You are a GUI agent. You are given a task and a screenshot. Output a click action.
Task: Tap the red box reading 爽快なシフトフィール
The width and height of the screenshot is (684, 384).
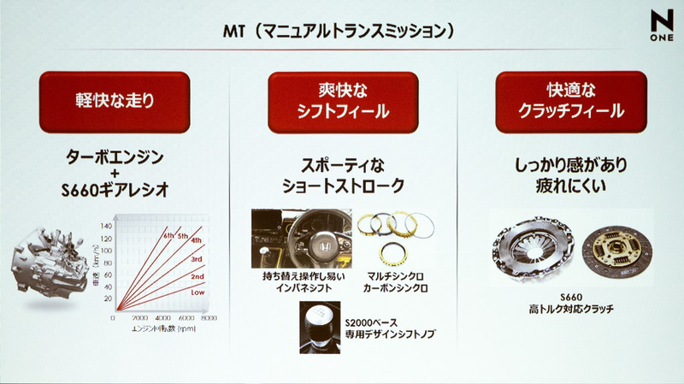pyautogui.click(x=343, y=100)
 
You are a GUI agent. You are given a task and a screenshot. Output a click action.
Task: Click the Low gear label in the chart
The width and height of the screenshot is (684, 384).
pyautogui.click(x=196, y=291)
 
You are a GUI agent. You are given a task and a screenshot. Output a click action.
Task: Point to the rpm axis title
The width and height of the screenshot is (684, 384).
pyautogui.click(x=163, y=328)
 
